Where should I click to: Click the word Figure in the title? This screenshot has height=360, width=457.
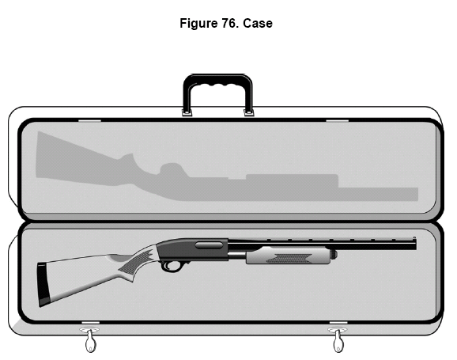pos(198,23)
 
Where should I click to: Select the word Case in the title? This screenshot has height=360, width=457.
pos(258,23)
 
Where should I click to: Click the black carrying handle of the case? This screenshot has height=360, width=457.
pos(217,80)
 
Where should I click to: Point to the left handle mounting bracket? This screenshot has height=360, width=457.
pos(187,112)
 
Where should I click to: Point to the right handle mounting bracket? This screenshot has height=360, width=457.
pos(248,112)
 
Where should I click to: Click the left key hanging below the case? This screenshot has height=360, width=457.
pos(90,342)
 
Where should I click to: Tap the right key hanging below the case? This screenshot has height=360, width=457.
pos(338,342)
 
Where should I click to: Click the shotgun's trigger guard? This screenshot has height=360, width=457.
pos(172,267)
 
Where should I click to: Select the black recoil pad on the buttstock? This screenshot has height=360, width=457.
pos(43,284)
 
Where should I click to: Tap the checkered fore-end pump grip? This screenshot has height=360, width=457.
pos(289,256)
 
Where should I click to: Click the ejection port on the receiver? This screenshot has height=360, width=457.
pos(209,245)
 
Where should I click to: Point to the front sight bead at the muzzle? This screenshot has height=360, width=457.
pos(414,238)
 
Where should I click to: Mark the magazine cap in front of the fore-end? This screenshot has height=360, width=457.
pos(334,254)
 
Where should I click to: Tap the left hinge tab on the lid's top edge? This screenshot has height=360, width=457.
pos(90,120)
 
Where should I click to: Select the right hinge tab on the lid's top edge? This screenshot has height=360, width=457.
pos(337,120)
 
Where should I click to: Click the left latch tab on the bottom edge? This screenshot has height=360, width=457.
pos(90,322)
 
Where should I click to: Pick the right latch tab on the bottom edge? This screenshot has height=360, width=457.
pos(338,322)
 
